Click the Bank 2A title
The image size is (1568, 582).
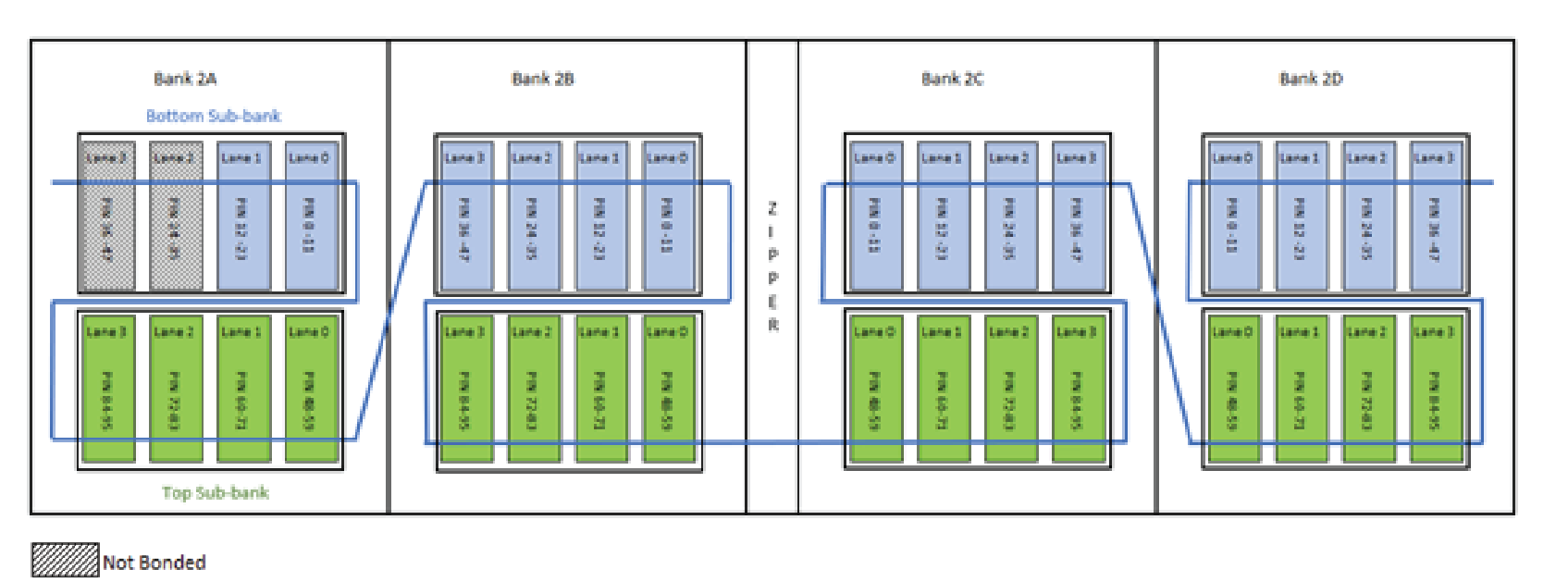point(185,79)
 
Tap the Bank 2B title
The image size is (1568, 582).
point(542,79)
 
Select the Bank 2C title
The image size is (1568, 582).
point(952,79)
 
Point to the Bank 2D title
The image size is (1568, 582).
point(1310,79)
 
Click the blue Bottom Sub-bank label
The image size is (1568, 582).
point(213,116)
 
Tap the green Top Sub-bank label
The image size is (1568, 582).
point(215,492)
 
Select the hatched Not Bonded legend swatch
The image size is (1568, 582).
point(65,560)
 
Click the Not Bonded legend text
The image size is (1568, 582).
point(154,563)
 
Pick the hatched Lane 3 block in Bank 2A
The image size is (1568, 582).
point(106,216)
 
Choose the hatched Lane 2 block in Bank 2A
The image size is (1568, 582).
point(175,216)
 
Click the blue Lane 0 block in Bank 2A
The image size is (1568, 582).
point(310,216)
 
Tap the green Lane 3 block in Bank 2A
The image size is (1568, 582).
point(107,389)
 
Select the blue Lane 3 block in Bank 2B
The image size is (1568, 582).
point(464,216)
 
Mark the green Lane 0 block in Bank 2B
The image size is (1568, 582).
point(667,389)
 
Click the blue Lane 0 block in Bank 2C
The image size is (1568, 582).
point(874,216)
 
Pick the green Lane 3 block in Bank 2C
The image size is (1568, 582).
point(1077,389)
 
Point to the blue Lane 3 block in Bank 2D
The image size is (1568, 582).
point(1435,216)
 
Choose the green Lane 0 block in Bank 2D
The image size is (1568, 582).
point(1232,389)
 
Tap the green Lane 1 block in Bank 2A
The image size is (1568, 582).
point(242,389)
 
